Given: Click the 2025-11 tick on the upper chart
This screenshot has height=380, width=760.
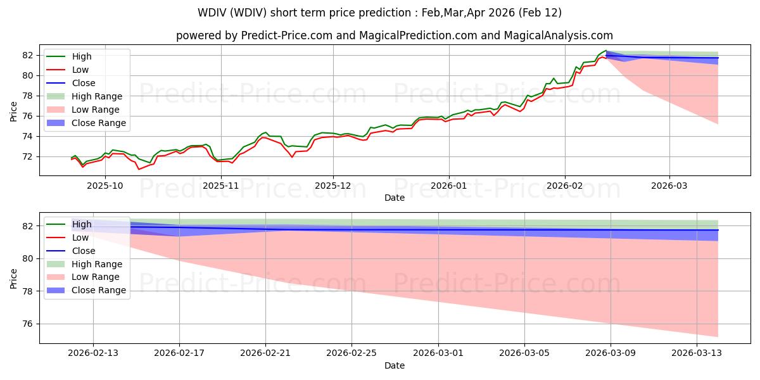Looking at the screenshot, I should (x=221, y=186).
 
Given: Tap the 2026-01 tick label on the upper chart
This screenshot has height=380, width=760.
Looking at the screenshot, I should (x=449, y=186).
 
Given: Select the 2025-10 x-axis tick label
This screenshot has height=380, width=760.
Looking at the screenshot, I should (x=104, y=186).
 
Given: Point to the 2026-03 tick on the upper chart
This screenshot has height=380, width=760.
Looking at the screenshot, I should (x=669, y=186).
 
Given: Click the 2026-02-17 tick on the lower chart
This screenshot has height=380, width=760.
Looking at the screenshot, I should (x=179, y=353).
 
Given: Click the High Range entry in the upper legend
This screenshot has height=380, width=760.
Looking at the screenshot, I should (x=97, y=96).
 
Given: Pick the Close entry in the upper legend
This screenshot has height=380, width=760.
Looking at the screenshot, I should (x=84, y=83).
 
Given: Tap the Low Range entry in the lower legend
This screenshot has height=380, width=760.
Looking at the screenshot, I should (x=96, y=277).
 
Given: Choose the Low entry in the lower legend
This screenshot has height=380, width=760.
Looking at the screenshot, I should (x=80, y=237).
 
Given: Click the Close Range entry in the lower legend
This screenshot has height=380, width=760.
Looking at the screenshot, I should (x=99, y=291).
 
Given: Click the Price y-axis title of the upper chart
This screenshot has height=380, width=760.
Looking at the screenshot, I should (x=14, y=111).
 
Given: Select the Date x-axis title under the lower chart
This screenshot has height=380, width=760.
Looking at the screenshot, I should (x=395, y=365).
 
